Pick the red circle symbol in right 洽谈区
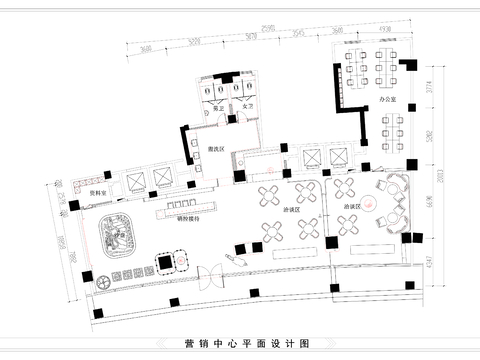click(x=370, y=205)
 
